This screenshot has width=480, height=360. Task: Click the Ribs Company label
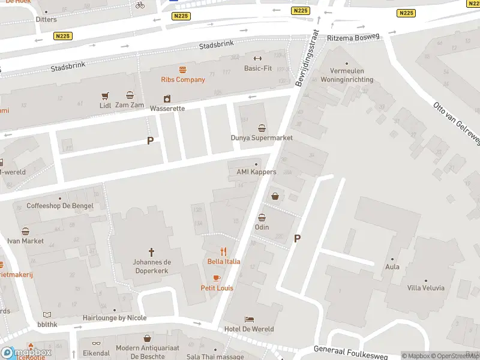182,79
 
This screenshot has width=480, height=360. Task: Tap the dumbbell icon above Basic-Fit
258,58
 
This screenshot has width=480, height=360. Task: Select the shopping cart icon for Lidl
106,95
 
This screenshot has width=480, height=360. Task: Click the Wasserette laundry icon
167,99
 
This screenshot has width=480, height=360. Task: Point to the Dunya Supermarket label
262,137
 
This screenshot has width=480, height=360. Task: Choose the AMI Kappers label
256,172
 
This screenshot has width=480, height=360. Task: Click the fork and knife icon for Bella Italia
224,252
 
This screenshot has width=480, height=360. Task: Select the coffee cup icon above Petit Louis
217,278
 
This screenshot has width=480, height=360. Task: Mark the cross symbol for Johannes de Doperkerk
151,253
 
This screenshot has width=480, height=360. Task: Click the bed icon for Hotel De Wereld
249,320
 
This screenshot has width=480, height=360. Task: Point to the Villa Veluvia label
425,288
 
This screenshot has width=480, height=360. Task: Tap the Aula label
392,266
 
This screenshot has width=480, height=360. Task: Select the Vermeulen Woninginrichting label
347,76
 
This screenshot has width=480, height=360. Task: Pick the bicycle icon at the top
140,5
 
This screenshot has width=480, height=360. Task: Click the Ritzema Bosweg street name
353,37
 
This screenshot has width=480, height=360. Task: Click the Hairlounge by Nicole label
114,318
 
